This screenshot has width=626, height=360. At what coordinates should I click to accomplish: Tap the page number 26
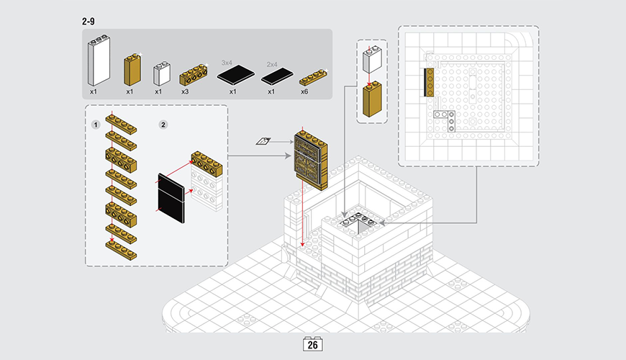(313, 345)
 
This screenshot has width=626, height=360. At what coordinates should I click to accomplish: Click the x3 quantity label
(185, 92)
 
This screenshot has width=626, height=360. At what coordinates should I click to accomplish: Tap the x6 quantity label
(304, 92)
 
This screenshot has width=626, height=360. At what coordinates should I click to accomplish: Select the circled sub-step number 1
(95, 125)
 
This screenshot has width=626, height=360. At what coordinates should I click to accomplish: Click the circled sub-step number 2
(163, 125)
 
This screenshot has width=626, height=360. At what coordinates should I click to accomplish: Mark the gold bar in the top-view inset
(429, 82)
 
